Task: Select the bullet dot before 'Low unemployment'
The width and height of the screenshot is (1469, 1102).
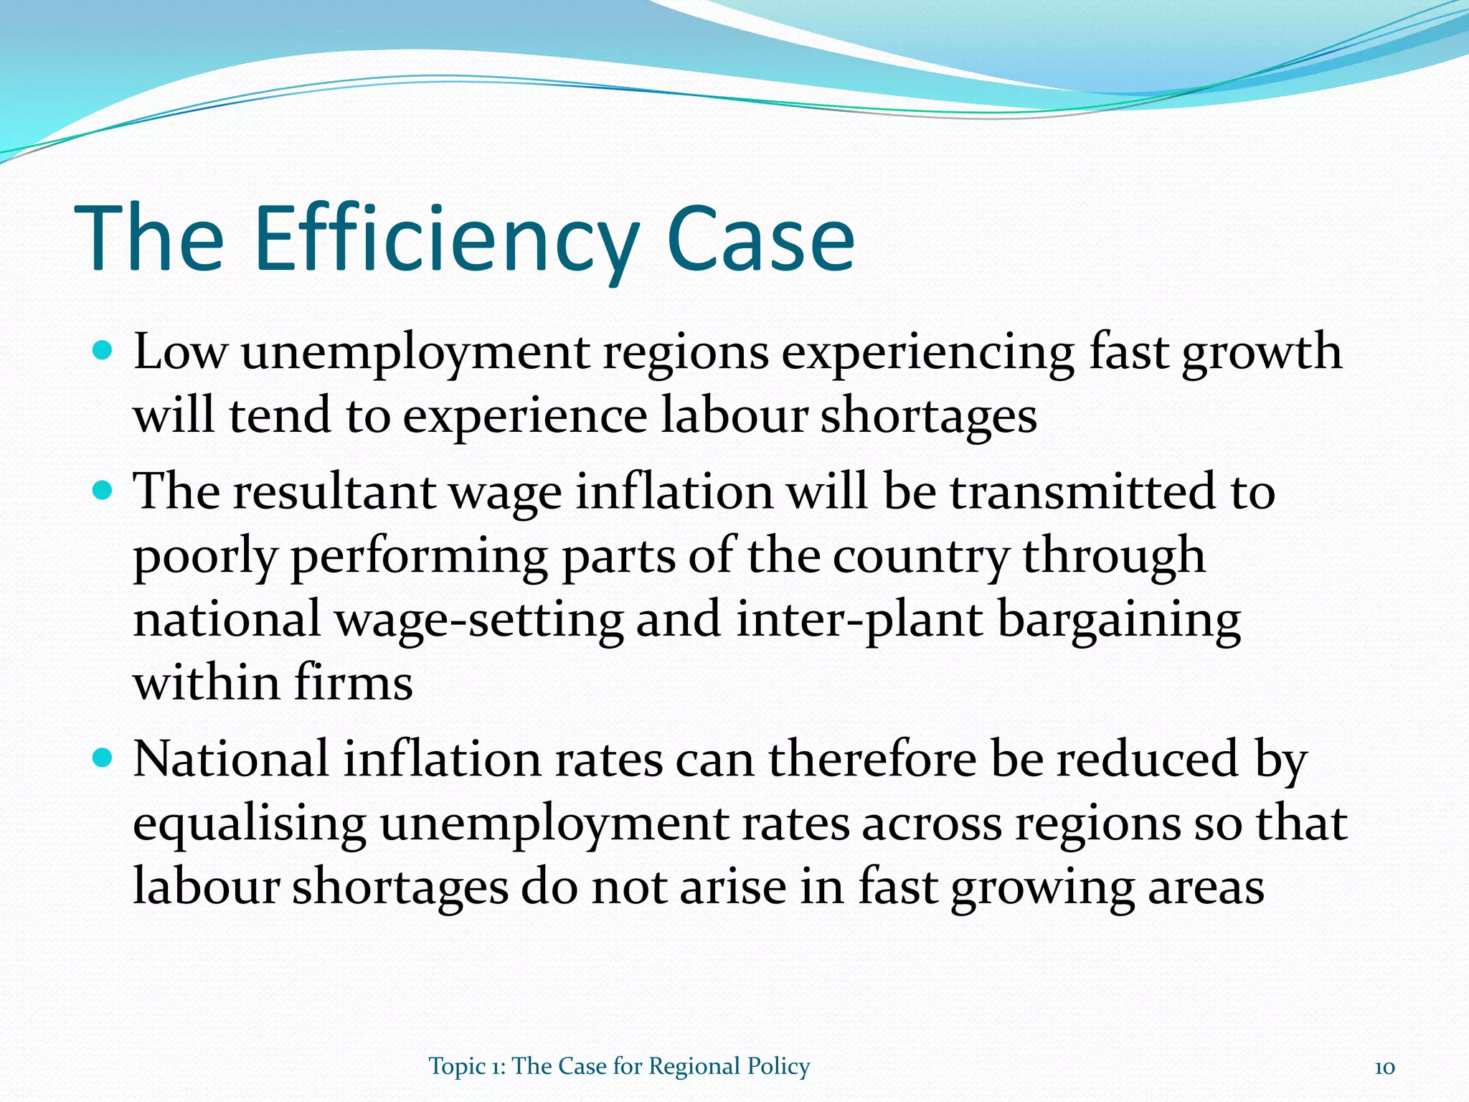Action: coord(103,352)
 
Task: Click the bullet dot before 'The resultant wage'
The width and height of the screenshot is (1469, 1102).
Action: coord(103,491)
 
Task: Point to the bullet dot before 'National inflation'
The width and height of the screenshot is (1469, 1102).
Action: coord(103,758)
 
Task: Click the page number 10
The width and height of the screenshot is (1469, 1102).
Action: coord(1384,1068)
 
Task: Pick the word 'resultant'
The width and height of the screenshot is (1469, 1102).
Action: coord(334,492)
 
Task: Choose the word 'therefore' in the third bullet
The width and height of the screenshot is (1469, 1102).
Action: coord(872,759)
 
